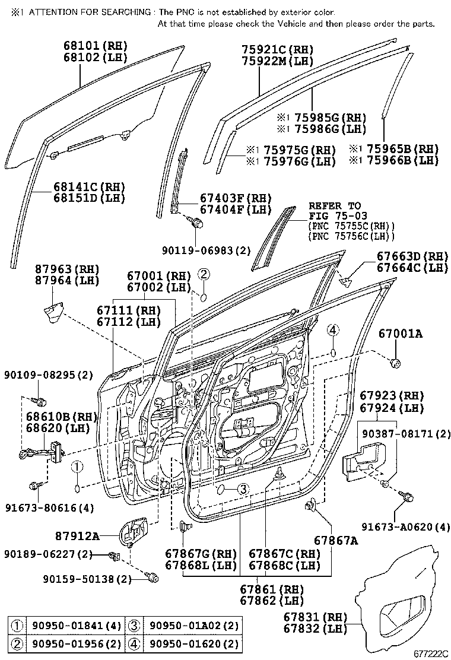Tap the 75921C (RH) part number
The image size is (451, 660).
277,49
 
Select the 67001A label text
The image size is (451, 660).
401,334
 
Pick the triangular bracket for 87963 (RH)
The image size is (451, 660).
55,313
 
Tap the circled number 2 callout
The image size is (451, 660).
204,274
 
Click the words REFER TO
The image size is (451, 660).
334,206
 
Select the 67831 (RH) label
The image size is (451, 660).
313,616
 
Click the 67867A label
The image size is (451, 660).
336,540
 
